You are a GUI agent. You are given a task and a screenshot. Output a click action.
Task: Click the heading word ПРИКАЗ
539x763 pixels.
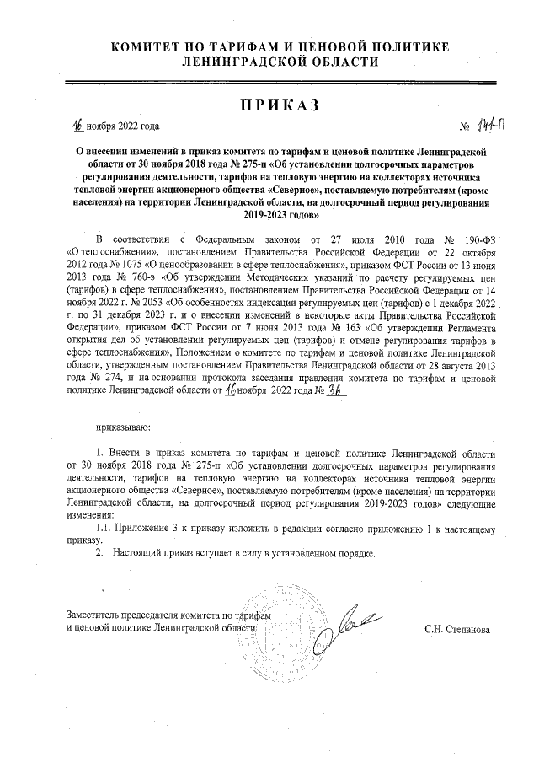click(x=269, y=105)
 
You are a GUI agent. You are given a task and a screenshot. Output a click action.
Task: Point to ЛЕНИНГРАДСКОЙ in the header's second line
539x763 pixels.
click(x=241, y=62)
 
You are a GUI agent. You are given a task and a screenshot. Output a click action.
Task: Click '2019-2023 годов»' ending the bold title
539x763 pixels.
click(x=269, y=215)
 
